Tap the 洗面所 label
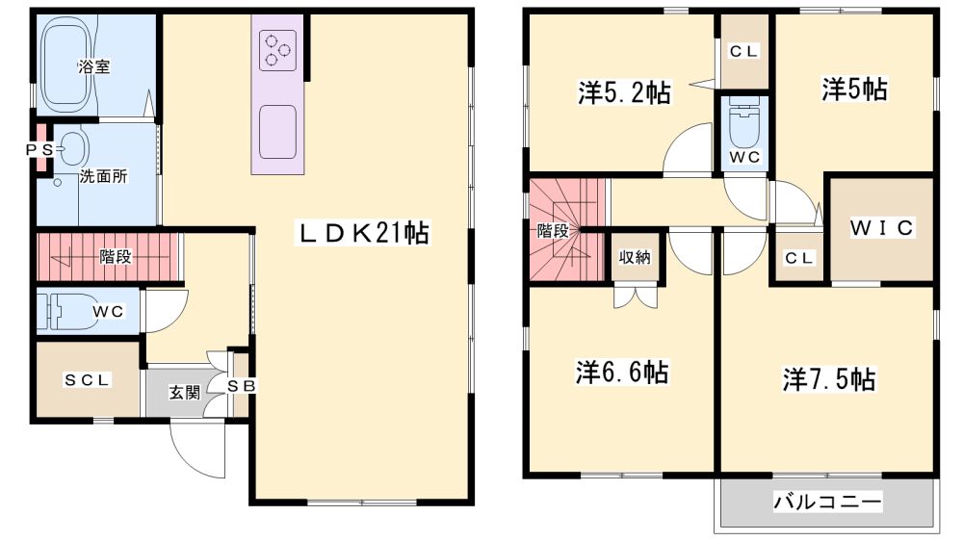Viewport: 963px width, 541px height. (103, 176)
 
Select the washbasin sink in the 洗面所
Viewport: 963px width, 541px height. (73, 148)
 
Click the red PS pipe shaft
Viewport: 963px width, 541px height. (41, 148)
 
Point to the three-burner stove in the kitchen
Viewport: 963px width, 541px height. (277, 50)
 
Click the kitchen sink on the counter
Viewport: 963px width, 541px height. (277, 132)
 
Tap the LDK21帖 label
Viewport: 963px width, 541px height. (364, 233)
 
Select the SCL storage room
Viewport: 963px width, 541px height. (88, 379)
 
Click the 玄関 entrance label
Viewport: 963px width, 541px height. (184, 392)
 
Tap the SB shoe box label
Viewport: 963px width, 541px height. (241, 386)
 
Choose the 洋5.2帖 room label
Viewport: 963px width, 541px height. (624, 92)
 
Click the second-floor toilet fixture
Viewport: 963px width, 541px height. (743, 124)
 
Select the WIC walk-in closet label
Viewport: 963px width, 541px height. (882, 228)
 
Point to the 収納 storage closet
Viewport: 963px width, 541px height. (635, 257)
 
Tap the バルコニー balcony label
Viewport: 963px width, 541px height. (827, 502)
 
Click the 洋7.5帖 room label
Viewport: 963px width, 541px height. (828, 379)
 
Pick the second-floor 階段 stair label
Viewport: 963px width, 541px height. (552, 231)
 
